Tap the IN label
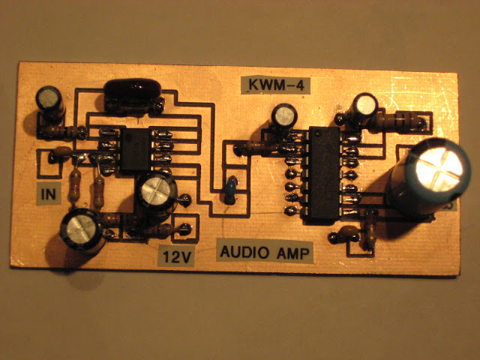pos(49,195)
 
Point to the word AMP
pos(292,251)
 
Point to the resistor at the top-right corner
pos(407,118)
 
